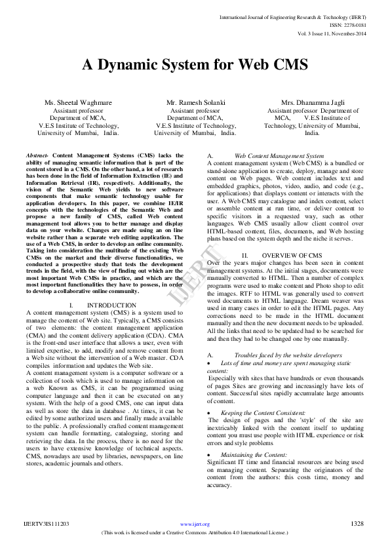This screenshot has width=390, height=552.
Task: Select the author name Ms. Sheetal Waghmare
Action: pos(78,104)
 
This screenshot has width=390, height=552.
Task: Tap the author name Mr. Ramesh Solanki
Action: pos(195,104)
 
